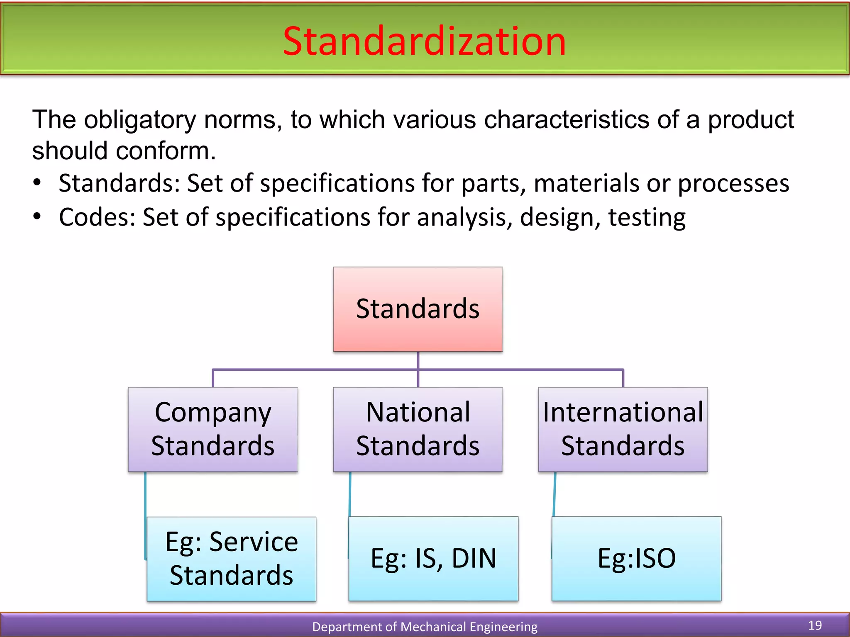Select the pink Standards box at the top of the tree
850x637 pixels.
click(418, 309)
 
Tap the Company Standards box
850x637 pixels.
click(212, 429)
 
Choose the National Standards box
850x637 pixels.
click(418, 429)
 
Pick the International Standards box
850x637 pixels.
click(623, 429)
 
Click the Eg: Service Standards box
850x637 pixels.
click(232, 559)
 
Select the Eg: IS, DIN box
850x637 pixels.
click(433, 559)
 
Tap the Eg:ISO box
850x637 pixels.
click(636, 559)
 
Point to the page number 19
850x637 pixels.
click(815, 625)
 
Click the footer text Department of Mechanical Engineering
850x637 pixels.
click(424, 627)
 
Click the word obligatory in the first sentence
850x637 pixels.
click(139, 120)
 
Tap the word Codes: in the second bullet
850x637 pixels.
click(97, 217)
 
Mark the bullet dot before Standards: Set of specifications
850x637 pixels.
click(37, 183)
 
